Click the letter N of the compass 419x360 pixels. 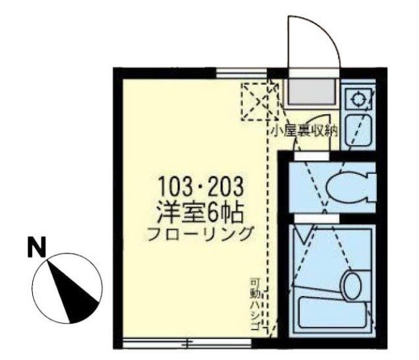click(37, 246)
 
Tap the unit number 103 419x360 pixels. click(174, 186)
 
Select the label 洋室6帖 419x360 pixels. click(201, 213)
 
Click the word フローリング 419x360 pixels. click(200, 234)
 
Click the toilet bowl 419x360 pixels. click(347, 187)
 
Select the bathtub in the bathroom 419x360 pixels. click(333, 312)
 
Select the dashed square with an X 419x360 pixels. click(260, 101)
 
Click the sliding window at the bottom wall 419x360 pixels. click(187, 343)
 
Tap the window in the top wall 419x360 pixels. click(242, 73)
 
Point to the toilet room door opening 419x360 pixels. click(311, 156)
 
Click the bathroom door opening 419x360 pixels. click(317, 219)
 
